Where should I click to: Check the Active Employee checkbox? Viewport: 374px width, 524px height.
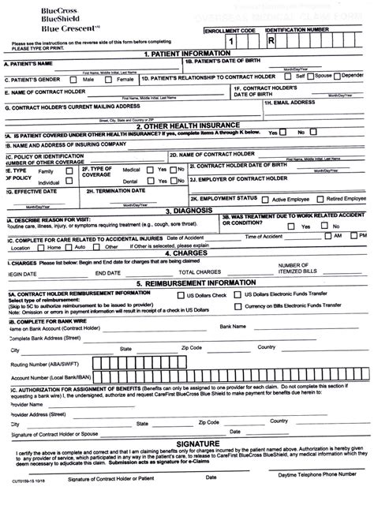[264, 200]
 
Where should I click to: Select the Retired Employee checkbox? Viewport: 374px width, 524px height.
[320, 200]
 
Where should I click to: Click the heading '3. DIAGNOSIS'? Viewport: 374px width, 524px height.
[185, 211]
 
